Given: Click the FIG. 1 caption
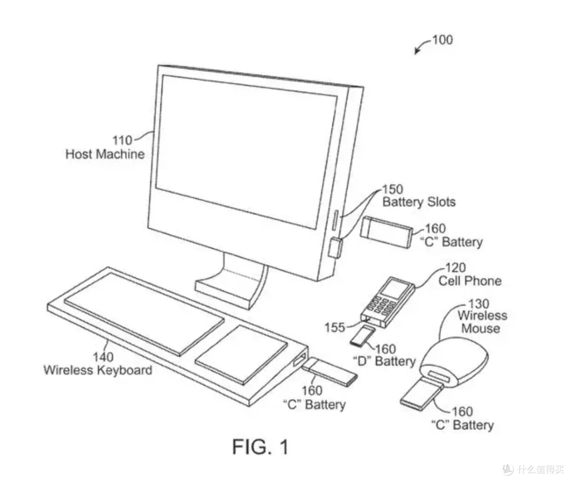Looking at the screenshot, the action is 260,447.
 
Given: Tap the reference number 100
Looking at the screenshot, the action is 443,40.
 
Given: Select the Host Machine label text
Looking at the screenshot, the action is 105,154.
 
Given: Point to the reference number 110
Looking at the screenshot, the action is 122,140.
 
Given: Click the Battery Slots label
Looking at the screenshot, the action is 419,202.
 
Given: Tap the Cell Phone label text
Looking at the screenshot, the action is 470,281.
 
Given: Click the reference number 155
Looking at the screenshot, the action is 335,328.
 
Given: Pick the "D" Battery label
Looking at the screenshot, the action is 384,361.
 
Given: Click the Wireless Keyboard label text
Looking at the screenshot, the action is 97,370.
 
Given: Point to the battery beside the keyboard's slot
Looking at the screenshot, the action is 329,371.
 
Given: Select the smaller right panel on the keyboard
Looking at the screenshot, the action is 241,354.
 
